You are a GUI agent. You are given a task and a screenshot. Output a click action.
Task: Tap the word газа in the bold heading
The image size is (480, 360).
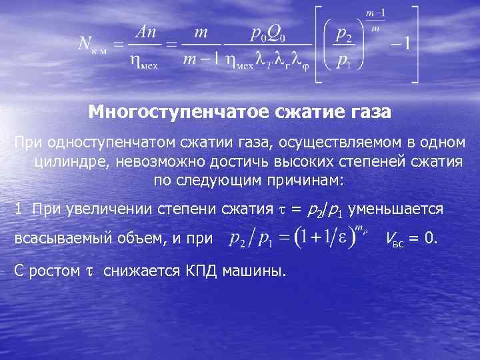tap(365, 111)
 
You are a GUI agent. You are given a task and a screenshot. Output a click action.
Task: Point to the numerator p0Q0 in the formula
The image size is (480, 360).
tap(269, 32)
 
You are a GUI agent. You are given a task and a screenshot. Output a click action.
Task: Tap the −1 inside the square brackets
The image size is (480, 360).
tap(402, 45)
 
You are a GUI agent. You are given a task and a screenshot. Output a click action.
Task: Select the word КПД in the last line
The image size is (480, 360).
tap(199, 270)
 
